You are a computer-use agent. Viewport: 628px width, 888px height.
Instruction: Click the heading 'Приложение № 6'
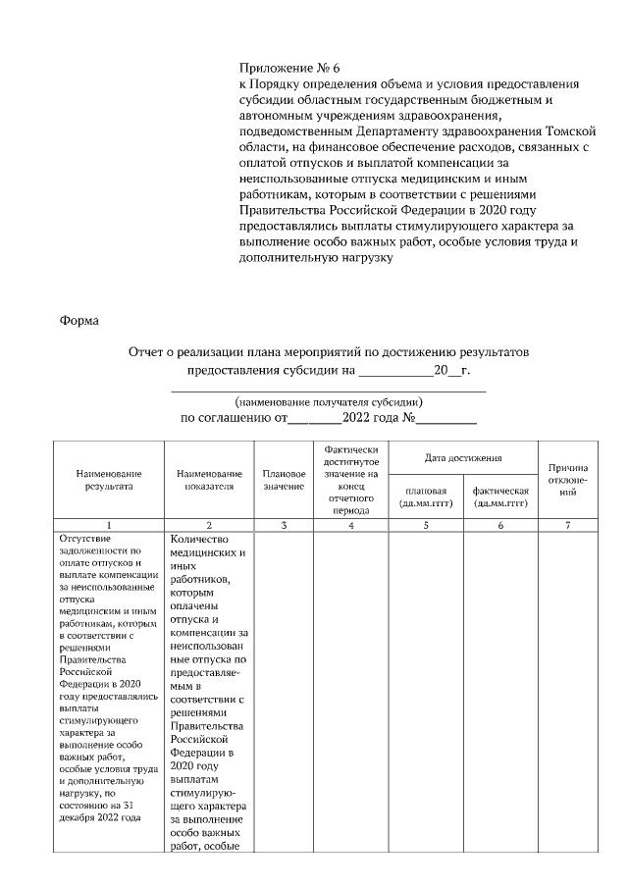point(289,69)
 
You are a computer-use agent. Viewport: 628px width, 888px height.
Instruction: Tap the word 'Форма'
point(79,320)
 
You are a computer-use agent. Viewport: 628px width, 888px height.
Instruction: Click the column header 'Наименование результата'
point(108,479)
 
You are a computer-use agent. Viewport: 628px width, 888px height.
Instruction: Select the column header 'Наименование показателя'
point(209,479)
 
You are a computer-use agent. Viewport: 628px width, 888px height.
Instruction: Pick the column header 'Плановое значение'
point(284,479)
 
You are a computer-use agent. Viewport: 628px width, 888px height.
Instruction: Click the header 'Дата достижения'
point(463,457)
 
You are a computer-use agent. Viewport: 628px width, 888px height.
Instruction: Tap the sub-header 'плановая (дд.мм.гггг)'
point(425,496)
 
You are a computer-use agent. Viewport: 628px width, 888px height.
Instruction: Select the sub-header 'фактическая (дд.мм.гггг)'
point(500,496)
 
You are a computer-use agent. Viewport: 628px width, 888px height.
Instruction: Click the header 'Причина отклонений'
point(568,479)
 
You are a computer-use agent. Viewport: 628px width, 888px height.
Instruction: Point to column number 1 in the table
point(108,526)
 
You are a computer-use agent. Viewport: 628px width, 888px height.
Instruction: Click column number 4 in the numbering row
point(350,526)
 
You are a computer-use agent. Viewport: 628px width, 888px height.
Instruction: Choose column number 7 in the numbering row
point(568,526)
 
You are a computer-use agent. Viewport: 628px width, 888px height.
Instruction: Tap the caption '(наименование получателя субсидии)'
point(329,401)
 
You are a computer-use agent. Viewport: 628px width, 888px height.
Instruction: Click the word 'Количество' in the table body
point(199,539)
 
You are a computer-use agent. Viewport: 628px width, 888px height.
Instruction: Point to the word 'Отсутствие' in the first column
point(86,538)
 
